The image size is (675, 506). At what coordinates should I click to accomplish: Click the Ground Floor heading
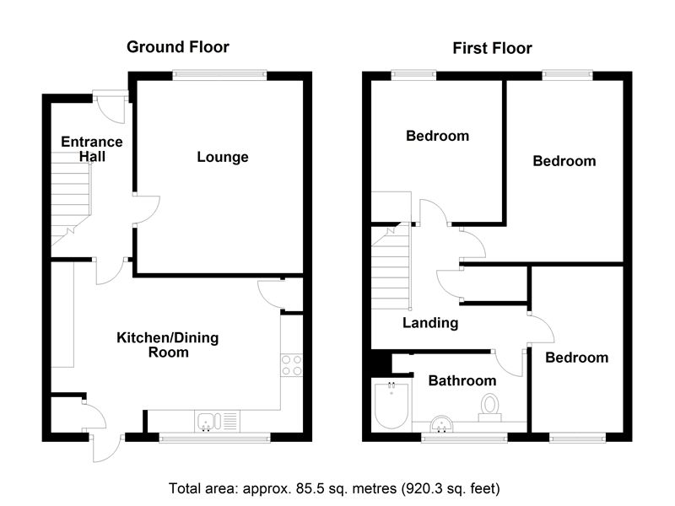pyautogui.click(x=177, y=46)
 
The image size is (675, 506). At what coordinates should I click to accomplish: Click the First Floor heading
pyautogui.click(x=492, y=48)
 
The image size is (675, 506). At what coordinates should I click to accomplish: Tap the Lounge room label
pyautogui.click(x=223, y=157)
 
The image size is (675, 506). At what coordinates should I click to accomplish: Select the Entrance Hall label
pyautogui.click(x=90, y=149)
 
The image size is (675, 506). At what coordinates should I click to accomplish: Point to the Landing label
pyautogui.click(x=429, y=323)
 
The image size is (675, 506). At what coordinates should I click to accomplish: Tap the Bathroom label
pyautogui.click(x=462, y=381)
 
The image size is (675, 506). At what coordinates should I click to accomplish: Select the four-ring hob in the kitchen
pyautogui.click(x=291, y=364)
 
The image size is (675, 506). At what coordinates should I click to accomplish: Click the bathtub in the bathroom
pyautogui.click(x=391, y=406)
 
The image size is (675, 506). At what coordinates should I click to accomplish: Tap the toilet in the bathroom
pyautogui.click(x=489, y=406)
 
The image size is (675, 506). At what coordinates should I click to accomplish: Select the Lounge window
pyautogui.click(x=220, y=75)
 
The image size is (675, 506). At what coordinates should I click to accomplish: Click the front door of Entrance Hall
pyautogui.click(x=109, y=108)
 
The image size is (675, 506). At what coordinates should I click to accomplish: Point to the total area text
pyautogui.click(x=337, y=487)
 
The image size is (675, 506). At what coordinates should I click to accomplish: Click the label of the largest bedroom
pyautogui.click(x=564, y=161)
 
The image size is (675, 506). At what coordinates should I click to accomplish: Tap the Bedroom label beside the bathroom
pyautogui.click(x=576, y=358)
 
